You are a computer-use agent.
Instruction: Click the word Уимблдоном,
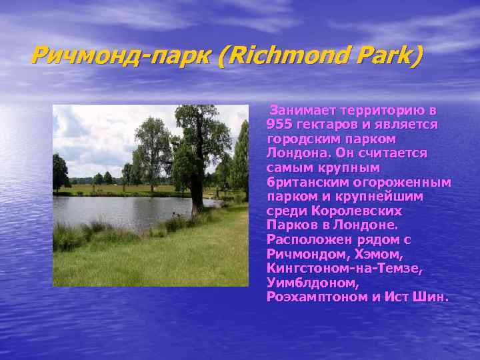303,283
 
